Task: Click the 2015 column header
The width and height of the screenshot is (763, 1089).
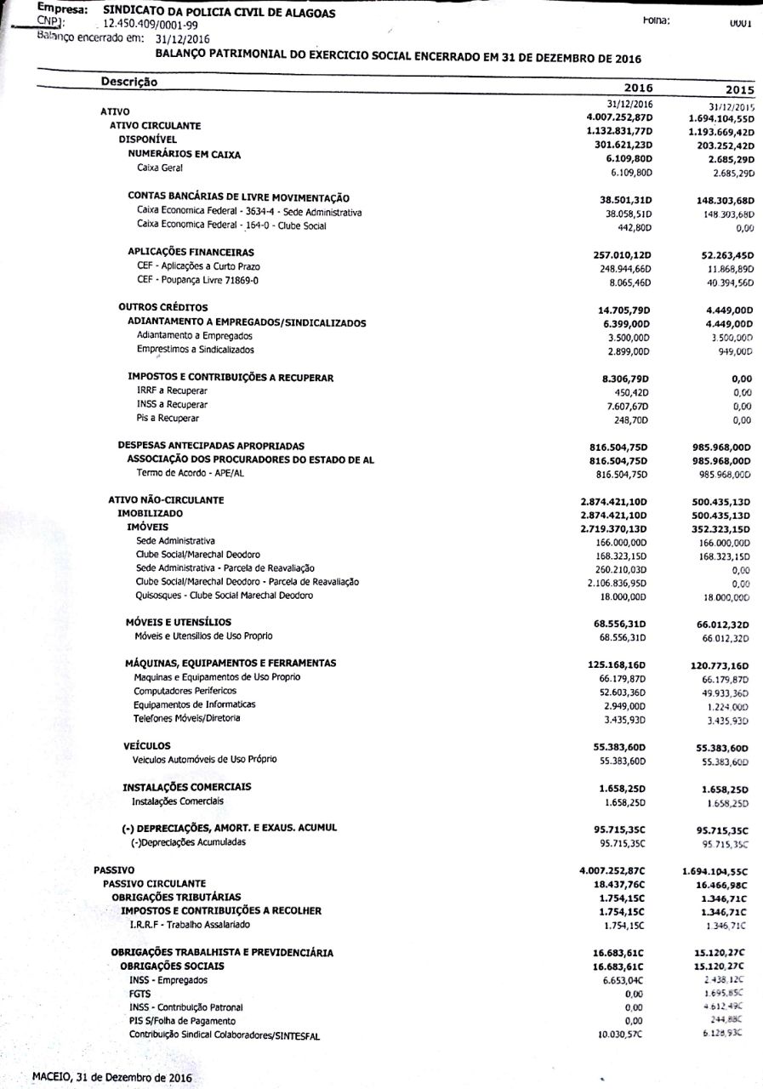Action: pyautogui.click(x=735, y=89)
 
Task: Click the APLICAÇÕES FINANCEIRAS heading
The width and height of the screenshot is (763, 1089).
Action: pyautogui.click(x=191, y=252)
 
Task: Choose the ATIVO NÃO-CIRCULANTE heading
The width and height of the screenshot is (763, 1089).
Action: pyautogui.click(x=166, y=500)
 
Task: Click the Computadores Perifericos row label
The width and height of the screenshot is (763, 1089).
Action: pyautogui.click(x=185, y=691)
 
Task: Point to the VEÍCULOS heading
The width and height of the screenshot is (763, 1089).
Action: pyautogui.click(x=147, y=746)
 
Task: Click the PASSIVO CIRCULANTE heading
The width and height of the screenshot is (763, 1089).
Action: pyautogui.click(x=154, y=884)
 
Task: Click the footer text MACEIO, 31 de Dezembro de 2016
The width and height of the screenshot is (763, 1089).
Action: pyautogui.click(x=111, y=1077)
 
